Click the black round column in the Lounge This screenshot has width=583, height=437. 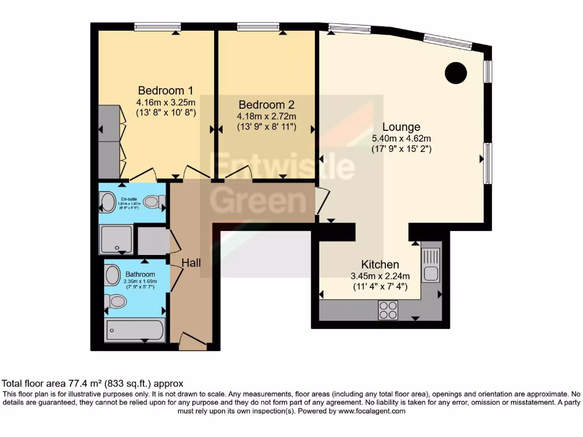[455, 72]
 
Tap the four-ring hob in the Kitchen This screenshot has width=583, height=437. [388, 310]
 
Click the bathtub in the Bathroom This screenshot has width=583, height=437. [135, 330]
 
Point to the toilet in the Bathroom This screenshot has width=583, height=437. [116, 301]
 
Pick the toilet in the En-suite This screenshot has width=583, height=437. [153, 201]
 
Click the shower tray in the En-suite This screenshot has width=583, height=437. [117, 239]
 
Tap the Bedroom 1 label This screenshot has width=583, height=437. [166, 90]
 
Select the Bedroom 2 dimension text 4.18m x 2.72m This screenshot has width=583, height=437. [266, 116]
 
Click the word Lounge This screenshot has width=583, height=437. [401, 127]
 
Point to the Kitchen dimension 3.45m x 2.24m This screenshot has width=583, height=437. [380, 276]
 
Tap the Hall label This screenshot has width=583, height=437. [191, 262]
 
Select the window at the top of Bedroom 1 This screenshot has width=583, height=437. [158, 26]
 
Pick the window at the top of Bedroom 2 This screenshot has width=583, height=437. [258, 26]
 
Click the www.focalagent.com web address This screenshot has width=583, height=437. [370, 411]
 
